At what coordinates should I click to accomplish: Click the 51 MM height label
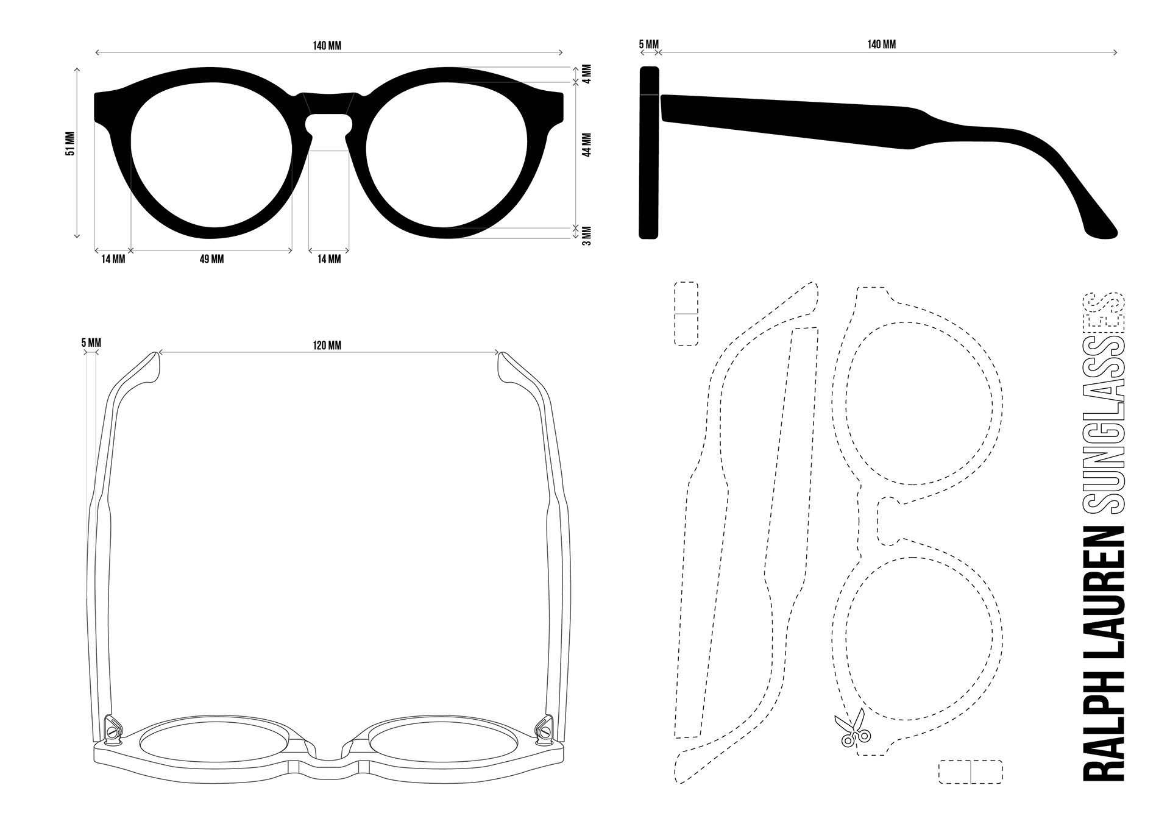(71, 144)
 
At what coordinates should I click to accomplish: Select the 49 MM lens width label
(211, 260)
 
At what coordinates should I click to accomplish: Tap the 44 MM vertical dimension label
(587, 145)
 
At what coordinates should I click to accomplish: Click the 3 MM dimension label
(587, 235)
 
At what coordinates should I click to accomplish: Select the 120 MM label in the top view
(327, 346)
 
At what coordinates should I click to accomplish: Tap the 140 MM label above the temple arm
(882, 44)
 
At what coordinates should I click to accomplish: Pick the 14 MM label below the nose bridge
(329, 260)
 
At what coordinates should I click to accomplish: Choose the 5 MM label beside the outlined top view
(91, 343)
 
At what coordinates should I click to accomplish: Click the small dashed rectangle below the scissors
(970, 772)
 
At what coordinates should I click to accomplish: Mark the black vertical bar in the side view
(649, 152)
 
